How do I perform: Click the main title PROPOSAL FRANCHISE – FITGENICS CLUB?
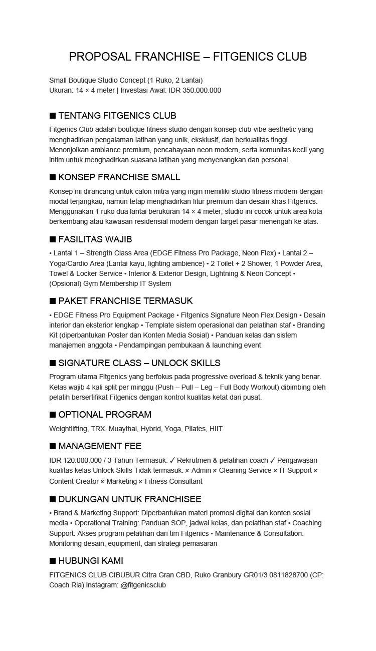pos(187,57)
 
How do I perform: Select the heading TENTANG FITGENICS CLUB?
pos(117,116)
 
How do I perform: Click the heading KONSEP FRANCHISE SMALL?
pos(119,177)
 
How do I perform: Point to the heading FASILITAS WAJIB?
pos(95,239)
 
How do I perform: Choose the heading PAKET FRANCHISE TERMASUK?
pos(125,301)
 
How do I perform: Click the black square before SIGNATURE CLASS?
pos(53,363)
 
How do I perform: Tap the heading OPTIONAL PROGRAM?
pos(104,415)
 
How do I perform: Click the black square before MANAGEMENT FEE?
pos(53,446)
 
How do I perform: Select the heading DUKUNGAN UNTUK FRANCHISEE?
pos(129,499)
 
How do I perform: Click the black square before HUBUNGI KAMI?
pos(53,561)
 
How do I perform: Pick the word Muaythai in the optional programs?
pos(123,429)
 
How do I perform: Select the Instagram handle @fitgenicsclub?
pos(143,585)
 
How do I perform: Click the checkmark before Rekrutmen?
pos(172,460)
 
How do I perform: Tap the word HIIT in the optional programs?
pos(216,429)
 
